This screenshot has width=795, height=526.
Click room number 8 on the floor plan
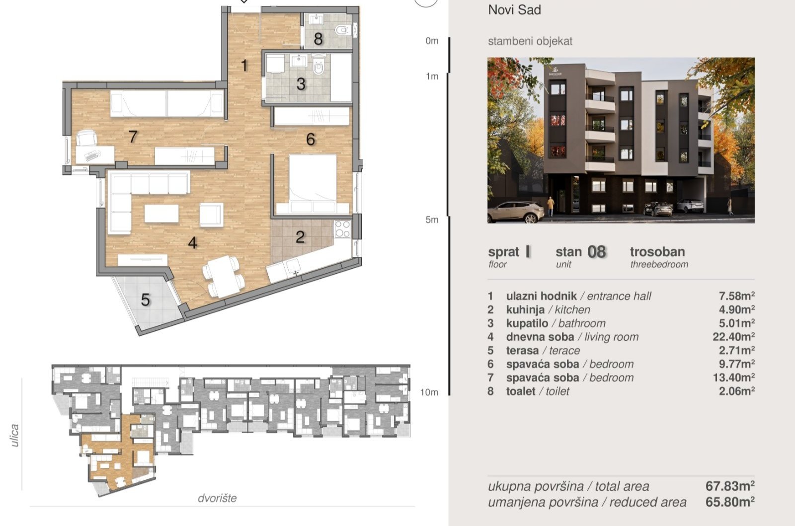[x=318, y=39]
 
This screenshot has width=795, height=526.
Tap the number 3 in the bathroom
[x=301, y=84]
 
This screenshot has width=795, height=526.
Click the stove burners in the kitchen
[x=342, y=229]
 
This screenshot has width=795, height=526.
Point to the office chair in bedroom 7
[x=86, y=138]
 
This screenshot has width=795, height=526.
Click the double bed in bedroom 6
[x=313, y=184]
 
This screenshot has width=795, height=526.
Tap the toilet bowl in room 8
[x=342, y=30]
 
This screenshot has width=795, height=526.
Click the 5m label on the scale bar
[x=432, y=220]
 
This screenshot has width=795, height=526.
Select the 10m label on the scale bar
[x=429, y=392]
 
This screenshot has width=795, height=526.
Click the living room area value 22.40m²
[x=733, y=336]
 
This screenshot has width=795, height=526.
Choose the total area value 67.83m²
[x=730, y=486]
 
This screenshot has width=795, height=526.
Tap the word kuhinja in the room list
[x=525, y=309]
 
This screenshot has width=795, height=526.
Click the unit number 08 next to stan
[x=596, y=252]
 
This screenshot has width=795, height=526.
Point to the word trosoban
[x=657, y=251]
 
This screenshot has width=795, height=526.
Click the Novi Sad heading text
[x=515, y=10]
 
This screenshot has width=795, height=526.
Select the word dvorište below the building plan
[x=217, y=498]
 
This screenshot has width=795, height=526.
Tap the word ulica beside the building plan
[x=14, y=435]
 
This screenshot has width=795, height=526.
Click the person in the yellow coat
[x=551, y=206]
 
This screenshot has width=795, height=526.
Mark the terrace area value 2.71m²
[x=736, y=350]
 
